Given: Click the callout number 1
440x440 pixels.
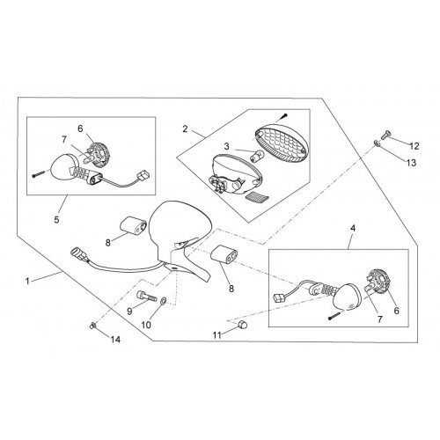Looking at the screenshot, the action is point(27,282).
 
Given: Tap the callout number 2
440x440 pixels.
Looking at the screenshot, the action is point(185,128).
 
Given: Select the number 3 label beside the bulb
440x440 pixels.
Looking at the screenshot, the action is point(227,146).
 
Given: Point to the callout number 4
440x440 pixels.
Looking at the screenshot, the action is point(353,228).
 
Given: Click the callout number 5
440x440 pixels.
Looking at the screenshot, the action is point(56,219).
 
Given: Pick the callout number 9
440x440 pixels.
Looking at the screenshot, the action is point(129,311).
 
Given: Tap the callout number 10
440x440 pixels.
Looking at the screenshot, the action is point(146,325).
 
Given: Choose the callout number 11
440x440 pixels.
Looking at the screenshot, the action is point(216,335).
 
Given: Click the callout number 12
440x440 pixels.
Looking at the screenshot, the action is point(414,146).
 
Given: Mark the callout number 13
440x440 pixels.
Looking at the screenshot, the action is point(412,163).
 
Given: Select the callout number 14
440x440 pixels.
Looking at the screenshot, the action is point(115,340).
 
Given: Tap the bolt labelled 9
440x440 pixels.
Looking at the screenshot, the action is point(147,295).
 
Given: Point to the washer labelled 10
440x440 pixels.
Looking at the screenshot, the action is point(164,300).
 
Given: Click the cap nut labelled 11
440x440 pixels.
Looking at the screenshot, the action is point(243,325).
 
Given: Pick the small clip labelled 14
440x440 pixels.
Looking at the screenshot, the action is point(92,325).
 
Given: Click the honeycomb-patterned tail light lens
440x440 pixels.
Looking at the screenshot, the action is point(281,142).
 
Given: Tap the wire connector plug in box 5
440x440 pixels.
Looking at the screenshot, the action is point(143,175).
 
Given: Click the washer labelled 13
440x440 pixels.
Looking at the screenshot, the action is point(377,143).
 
